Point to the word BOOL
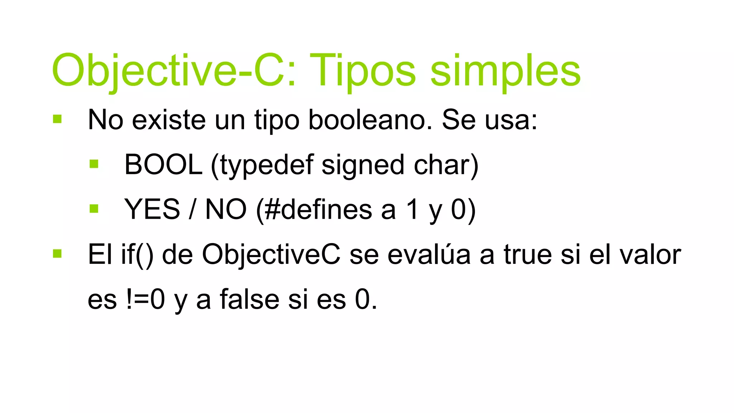tap(163, 165)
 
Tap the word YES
tap(152, 209)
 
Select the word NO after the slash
tap(226, 209)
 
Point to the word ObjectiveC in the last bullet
tap(271, 255)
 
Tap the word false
tap(249, 299)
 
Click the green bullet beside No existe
tap(57, 119)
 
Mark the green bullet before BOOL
tap(94, 164)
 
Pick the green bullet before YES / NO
tap(94, 209)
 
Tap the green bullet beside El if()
tap(57, 254)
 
